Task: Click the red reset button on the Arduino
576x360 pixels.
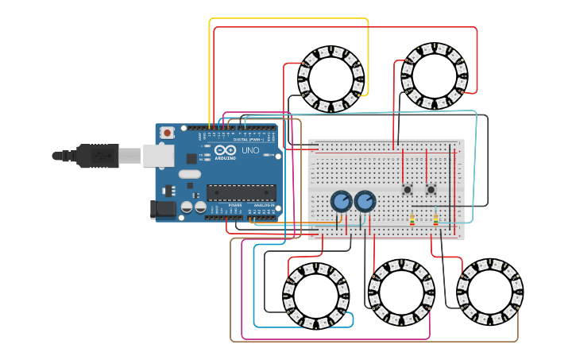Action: [x=167, y=133]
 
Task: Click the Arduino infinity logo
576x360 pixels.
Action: [x=225, y=150]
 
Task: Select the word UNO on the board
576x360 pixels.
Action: [x=249, y=150]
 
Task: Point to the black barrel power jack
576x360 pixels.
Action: [x=163, y=210]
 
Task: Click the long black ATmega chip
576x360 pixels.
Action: [x=242, y=192]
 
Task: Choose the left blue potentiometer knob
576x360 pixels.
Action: [x=342, y=201]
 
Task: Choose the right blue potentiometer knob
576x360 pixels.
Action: [x=365, y=201]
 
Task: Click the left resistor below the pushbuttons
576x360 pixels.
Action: [x=412, y=220]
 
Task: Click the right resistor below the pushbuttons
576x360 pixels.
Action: [x=435, y=220]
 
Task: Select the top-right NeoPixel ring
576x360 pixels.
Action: [x=435, y=76]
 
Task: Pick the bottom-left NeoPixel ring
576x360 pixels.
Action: [x=315, y=296]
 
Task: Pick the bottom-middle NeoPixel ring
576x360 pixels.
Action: [x=401, y=292]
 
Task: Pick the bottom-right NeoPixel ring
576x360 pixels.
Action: [x=489, y=292]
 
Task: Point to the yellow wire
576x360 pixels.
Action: [x=288, y=18]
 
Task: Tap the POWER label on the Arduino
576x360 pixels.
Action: [x=235, y=205]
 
